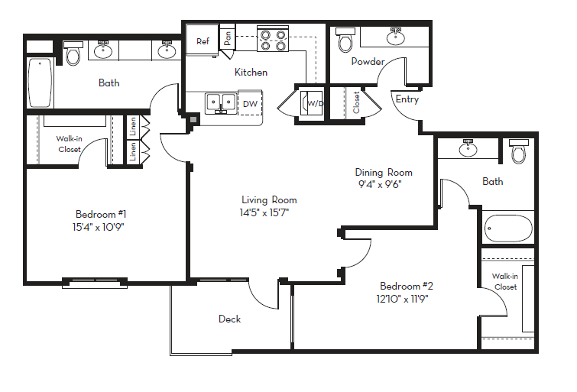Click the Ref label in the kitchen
pos(203,41)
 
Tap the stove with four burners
pos(272,39)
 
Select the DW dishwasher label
pos(250,104)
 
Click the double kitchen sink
pos(220,102)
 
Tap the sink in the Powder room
pos(395,36)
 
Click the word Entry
pos(407,99)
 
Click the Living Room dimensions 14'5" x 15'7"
pos(264,212)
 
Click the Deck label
pos(229,319)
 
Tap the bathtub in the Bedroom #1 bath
pos(41,83)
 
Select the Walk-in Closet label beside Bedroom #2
pos(504,281)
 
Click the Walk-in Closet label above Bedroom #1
pos(70,144)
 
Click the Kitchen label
pos(251,73)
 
